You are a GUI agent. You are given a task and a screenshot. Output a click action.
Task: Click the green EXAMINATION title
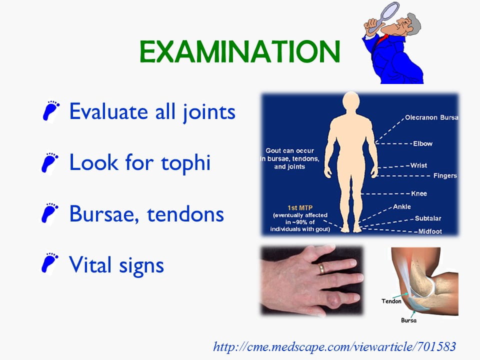(x=239, y=51)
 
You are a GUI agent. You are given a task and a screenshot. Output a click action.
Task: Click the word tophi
(x=186, y=162)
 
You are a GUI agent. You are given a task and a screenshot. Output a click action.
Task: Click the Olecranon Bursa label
(x=431, y=117)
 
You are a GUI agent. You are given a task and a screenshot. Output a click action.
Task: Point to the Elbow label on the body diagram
(x=422, y=143)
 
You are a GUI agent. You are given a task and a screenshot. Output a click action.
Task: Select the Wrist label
(x=418, y=165)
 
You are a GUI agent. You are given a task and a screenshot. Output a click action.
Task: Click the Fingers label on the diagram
(x=445, y=175)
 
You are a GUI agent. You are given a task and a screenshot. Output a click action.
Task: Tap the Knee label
(x=419, y=193)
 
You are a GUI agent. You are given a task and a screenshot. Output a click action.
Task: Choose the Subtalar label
(x=428, y=218)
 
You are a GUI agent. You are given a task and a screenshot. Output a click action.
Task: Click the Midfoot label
(x=430, y=231)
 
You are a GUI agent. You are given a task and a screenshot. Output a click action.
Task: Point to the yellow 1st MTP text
(x=300, y=208)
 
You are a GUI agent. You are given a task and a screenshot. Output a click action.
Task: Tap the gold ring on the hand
(x=321, y=269)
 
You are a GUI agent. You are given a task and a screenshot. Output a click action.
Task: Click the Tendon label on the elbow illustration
(x=391, y=301)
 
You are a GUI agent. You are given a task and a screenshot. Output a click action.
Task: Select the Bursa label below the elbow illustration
(x=408, y=320)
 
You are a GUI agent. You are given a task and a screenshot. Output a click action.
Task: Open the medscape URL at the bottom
(x=334, y=347)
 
